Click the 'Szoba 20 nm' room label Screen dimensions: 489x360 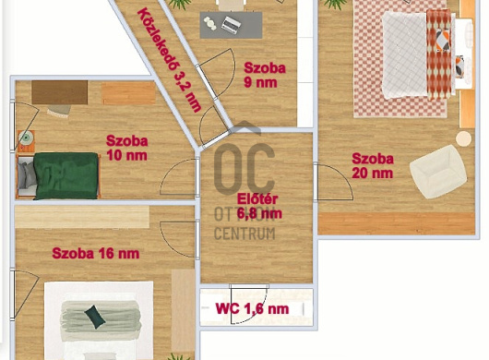click(373, 166)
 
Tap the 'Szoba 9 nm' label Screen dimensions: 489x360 click(265, 75)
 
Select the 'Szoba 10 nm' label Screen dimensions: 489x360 click(127, 148)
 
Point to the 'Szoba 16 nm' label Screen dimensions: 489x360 click(95, 253)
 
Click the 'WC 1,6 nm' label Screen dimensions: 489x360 click(252, 309)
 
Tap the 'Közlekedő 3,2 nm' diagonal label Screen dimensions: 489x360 click(169, 60)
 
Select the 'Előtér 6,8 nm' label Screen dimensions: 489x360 click(259, 206)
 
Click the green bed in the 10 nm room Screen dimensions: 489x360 click(66, 175)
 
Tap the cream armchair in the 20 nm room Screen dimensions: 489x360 click(438, 172)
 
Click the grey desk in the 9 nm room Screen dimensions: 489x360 click(231, 25)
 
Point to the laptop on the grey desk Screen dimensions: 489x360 click(231, 25)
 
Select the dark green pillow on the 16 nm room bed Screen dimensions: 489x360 click(94, 317)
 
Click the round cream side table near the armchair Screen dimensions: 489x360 click(464, 138)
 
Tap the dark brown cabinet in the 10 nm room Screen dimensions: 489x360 click(60, 92)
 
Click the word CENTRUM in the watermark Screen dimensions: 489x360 click(244, 234)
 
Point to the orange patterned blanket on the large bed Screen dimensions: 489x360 click(438, 54)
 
